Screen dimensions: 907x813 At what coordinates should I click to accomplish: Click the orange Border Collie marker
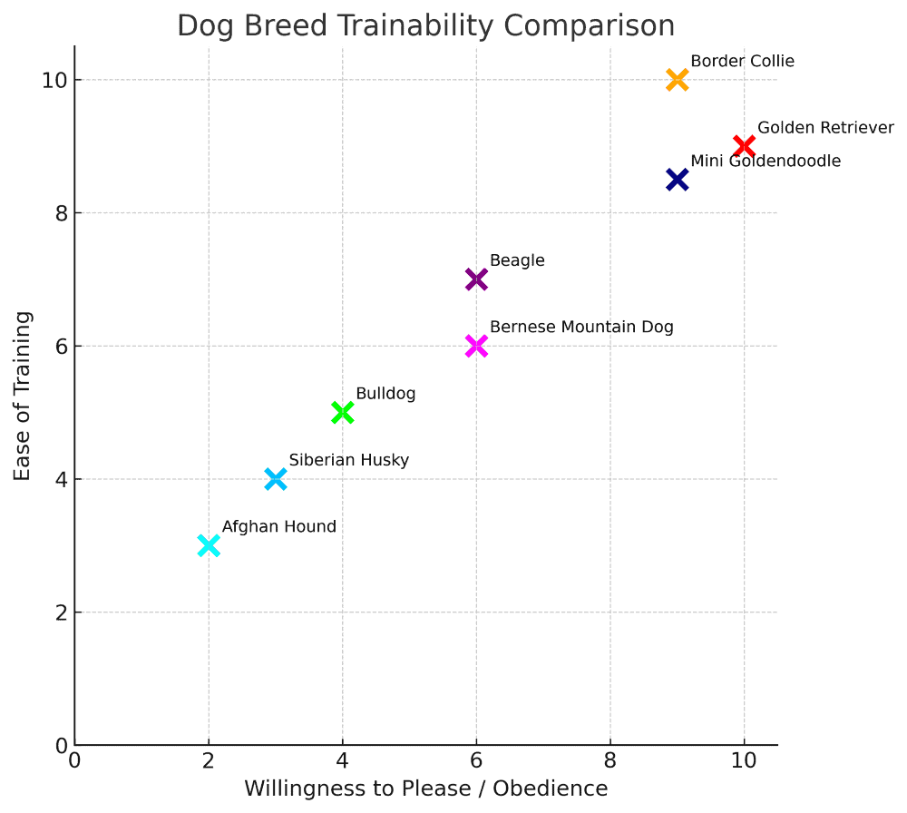tap(677, 80)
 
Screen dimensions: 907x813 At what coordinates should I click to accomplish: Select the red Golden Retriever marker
tap(744, 146)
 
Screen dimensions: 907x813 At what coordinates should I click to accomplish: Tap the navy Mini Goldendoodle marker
tap(677, 180)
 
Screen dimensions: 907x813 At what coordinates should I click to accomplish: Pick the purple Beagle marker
tap(476, 279)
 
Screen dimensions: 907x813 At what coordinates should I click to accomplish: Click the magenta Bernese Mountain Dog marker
tap(476, 346)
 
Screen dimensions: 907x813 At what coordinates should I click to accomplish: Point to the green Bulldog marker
tap(343, 413)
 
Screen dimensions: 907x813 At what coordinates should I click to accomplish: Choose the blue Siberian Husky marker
tap(276, 479)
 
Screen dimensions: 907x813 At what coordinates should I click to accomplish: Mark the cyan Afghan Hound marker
tap(209, 545)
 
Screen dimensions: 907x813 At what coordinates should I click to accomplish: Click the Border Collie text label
tap(743, 61)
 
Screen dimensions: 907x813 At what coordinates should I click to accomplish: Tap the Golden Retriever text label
tap(826, 127)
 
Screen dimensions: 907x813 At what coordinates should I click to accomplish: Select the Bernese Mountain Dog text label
tap(582, 327)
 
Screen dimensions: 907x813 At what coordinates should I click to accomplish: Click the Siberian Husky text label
tap(349, 460)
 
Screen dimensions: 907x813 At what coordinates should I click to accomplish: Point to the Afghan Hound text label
tap(279, 526)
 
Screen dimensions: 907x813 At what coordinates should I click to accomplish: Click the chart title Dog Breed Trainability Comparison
tap(425, 25)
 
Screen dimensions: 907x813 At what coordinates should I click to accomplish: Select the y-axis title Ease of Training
tap(22, 396)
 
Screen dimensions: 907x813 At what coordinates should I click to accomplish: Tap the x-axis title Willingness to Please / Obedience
tap(425, 789)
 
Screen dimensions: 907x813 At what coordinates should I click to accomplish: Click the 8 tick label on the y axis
tap(62, 213)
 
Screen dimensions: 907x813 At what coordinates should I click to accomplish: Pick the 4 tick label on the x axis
tap(343, 761)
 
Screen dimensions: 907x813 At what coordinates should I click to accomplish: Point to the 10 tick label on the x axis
tap(744, 761)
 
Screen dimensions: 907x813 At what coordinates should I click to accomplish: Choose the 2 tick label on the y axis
tap(62, 612)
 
